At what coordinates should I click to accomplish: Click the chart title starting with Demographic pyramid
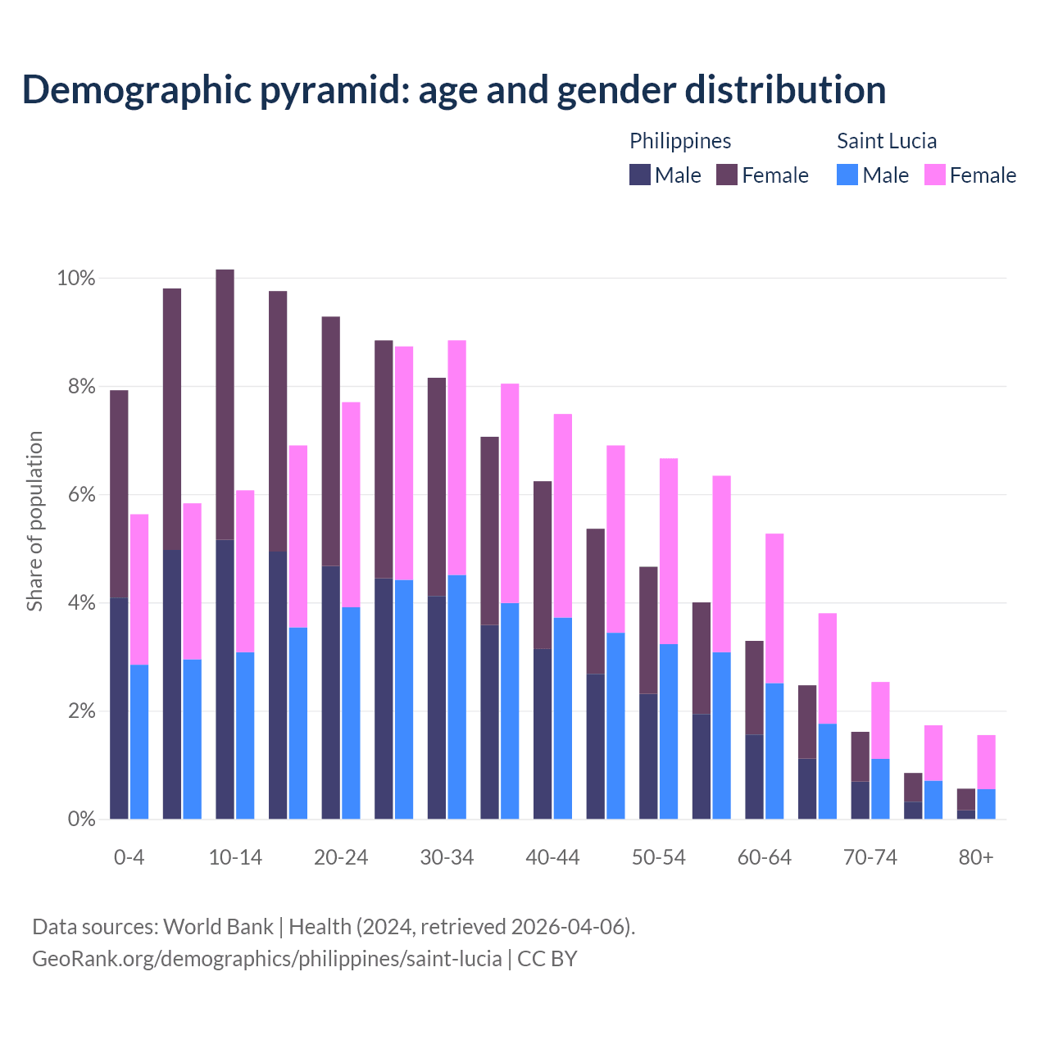point(454,90)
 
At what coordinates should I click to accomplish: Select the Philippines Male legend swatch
point(640,175)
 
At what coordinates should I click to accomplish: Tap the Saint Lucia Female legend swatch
point(935,175)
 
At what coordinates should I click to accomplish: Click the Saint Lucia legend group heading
point(886,141)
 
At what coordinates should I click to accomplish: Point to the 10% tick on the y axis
point(75,279)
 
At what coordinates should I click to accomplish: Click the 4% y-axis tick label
point(80,603)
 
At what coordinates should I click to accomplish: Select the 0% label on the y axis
point(80,820)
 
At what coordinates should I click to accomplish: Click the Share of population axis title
point(34,521)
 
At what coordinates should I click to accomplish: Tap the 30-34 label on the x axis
point(447,858)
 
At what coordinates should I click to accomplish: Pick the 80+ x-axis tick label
point(975,858)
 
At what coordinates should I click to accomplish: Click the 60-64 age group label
point(764,858)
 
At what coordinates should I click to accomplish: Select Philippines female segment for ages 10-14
point(225,405)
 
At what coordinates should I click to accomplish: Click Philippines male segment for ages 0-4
point(119,709)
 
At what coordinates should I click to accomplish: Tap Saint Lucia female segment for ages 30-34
point(457,457)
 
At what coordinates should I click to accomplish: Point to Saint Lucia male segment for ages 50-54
point(669,731)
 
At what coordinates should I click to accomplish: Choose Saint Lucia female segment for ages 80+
point(986,762)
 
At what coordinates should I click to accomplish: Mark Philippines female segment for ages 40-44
point(543,565)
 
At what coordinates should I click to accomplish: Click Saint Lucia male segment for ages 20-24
point(351,713)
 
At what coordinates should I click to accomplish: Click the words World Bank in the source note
point(218,927)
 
